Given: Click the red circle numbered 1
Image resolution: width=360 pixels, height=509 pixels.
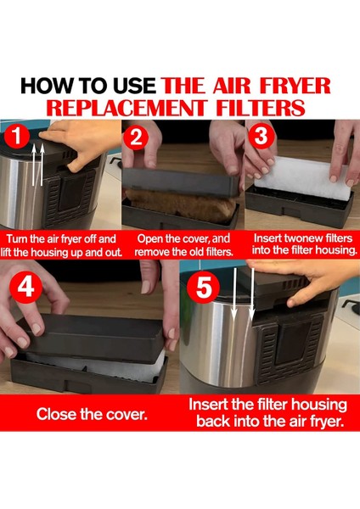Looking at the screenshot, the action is point(17,137).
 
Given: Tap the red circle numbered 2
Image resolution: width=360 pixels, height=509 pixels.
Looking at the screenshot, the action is point(136,137).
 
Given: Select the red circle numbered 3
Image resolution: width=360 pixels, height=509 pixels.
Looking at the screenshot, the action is point(261,137).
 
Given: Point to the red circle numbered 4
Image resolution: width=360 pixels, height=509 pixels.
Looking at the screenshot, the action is point(26,287).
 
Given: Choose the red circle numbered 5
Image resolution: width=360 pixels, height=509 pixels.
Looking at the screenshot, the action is point(204,288).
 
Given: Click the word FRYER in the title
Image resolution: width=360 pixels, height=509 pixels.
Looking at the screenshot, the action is point(295,86).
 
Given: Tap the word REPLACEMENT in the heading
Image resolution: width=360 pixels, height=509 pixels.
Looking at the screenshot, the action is point(127,108).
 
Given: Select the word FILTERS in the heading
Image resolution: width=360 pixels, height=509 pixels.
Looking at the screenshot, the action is point(261,108).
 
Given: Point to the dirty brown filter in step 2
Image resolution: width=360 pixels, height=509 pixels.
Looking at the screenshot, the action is point(181,204).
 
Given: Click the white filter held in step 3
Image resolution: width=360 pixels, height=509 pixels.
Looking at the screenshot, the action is point(303,178).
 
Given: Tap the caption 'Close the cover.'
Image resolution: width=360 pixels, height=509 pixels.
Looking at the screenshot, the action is point(92,414).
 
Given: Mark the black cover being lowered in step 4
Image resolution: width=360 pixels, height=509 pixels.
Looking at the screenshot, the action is point(92,338).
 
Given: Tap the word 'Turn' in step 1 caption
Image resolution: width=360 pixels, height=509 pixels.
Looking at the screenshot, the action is point(17,239).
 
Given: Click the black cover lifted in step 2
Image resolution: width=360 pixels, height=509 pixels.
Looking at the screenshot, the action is point(181,182).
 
